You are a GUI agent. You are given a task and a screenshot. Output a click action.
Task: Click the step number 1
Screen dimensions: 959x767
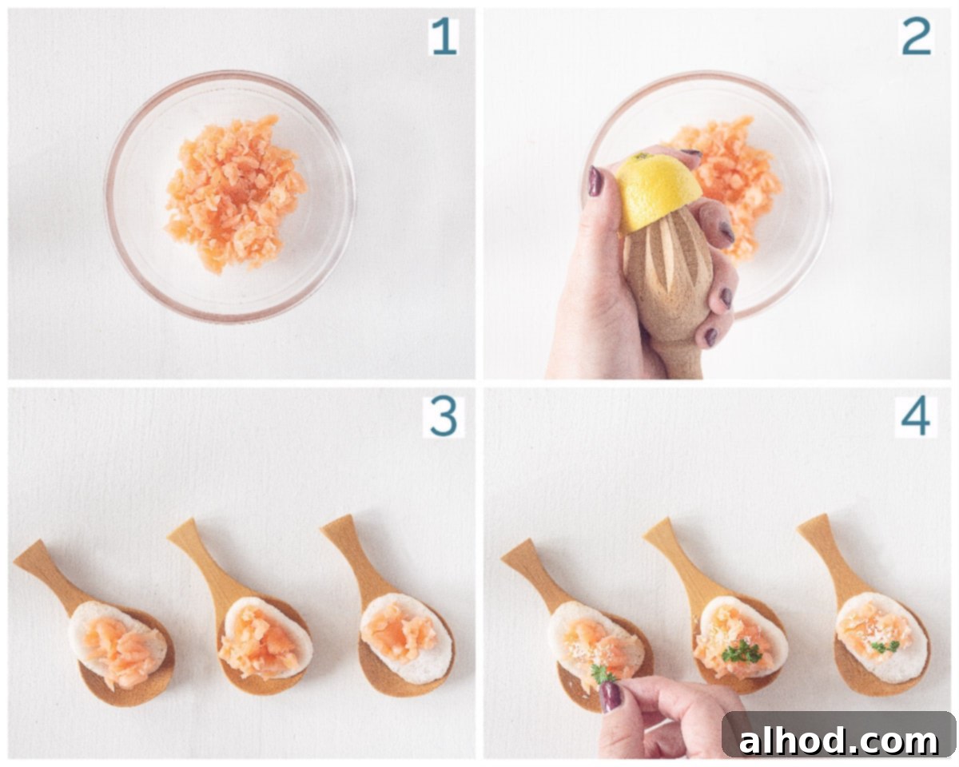point(444,38)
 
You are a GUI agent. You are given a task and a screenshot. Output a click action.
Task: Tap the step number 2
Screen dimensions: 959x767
point(916,37)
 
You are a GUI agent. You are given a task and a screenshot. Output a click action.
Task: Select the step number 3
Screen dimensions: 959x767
point(444,417)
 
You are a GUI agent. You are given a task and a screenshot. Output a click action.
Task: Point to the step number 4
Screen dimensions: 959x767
point(916,418)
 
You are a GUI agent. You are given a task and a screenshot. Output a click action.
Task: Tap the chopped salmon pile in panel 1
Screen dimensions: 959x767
point(235,194)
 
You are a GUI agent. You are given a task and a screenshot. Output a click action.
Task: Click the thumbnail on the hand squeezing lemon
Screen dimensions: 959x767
point(595,181)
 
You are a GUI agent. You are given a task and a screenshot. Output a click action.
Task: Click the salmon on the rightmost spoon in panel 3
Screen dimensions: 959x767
point(400,631)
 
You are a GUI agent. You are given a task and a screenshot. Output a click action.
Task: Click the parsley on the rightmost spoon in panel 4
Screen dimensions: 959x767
point(885,646)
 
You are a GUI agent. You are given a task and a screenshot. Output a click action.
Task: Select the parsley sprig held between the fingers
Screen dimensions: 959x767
point(602,674)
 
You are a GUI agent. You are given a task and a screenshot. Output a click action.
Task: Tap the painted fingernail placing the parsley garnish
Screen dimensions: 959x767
point(611,697)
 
